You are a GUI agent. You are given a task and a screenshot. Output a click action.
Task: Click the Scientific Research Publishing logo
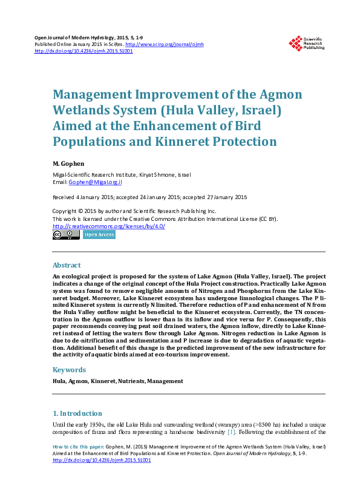point(306,43)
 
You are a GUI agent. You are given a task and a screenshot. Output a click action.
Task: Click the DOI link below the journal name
point(83,51)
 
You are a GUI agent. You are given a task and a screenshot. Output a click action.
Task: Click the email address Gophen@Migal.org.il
point(96,182)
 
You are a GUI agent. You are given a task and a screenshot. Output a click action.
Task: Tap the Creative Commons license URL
point(109,226)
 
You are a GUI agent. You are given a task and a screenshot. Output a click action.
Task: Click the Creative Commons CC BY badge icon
point(66,235)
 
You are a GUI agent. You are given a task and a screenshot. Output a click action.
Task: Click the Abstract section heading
point(67,265)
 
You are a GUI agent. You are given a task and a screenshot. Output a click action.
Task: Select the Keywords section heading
point(70,370)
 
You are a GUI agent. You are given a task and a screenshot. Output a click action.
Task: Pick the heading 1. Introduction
point(77,413)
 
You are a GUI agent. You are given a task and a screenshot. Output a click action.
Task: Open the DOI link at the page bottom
point(102,460)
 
